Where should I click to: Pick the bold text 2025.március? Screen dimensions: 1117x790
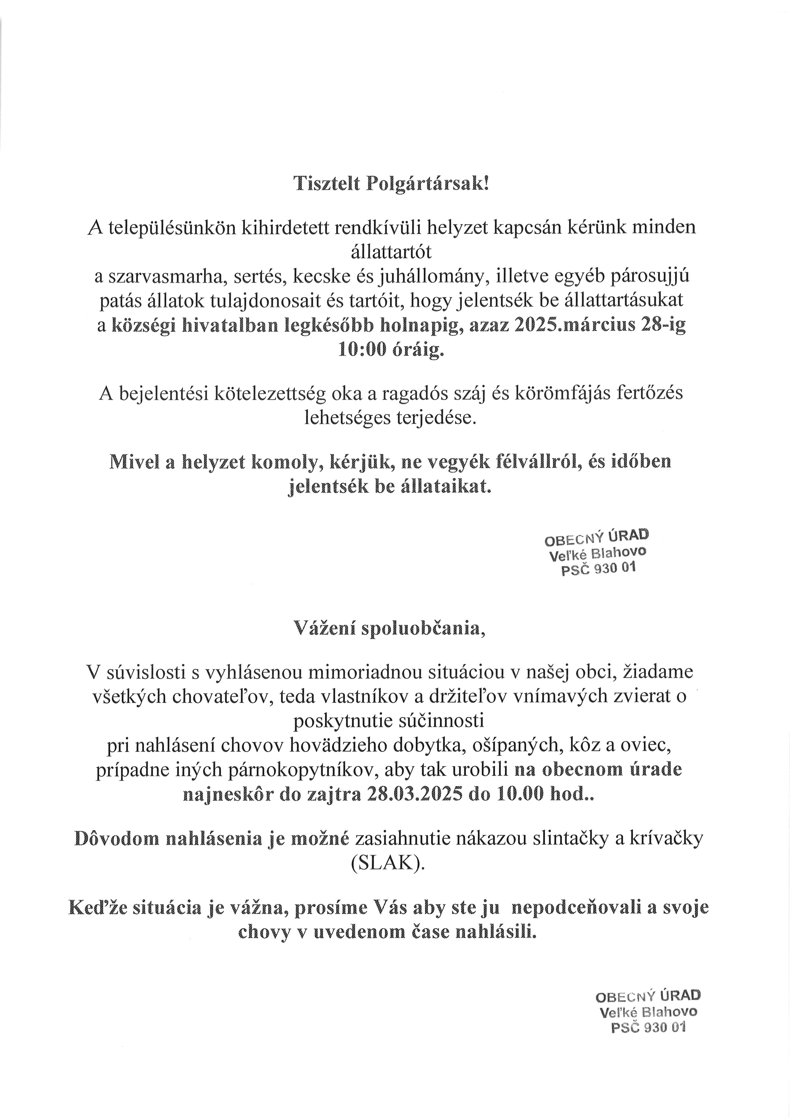[574, 325]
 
